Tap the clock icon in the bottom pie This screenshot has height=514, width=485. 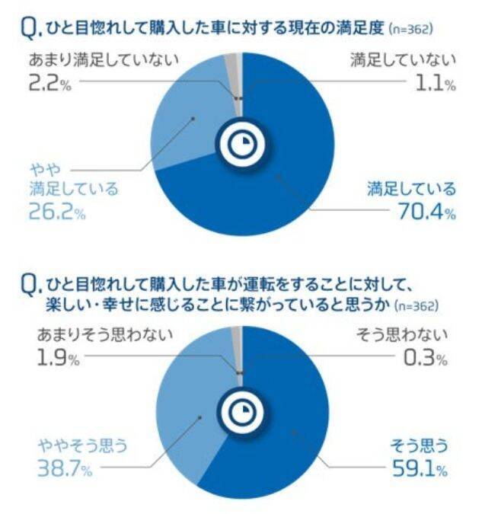(242, 412)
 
